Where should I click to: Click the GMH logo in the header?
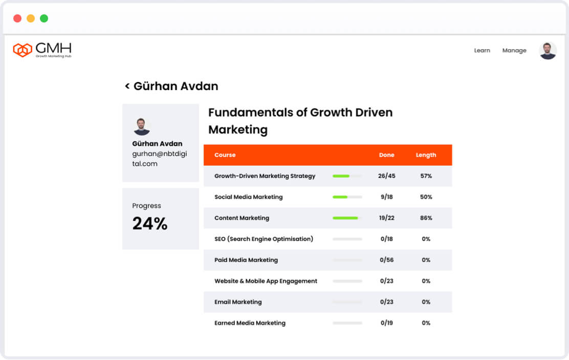(x=42, y=50)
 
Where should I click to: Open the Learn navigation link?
(x=482, y=51)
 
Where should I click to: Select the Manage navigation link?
(x=514, y=51)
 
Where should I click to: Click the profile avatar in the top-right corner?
(x=548, y=51)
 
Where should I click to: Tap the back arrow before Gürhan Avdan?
(x=127, y=86)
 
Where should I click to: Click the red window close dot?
(x=17, y=18)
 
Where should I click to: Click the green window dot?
(x=44, y=18)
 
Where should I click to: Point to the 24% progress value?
(x=150, y=223)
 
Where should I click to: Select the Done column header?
(x=387, y=155)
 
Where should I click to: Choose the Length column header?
(x=426, y=155)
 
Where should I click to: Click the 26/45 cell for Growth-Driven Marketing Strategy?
(x=387, y=176)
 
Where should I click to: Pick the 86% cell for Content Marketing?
(x=426, y=218)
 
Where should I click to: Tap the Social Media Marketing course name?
(x=248, y=197)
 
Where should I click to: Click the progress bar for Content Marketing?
(x=347, y=218)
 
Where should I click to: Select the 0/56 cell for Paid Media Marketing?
(x=387, y=260)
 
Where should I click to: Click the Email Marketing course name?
(x=238, y=302)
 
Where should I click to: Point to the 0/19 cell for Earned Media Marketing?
(x=387, y=323)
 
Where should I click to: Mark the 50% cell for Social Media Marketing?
(x=426, y=197)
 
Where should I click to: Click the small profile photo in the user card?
(x=142, y=127)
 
